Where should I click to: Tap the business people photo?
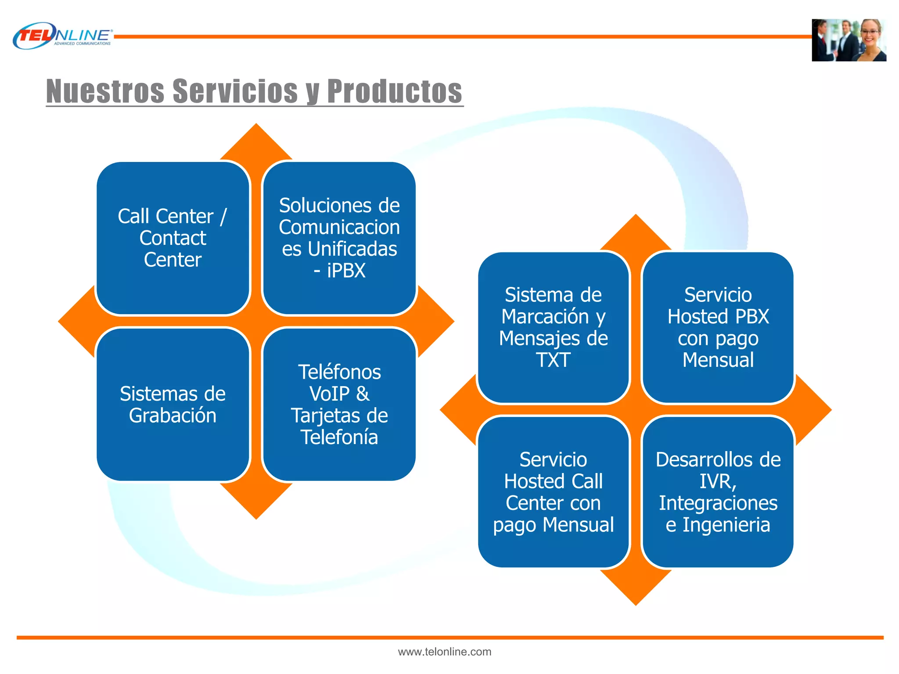[x=849, y=40]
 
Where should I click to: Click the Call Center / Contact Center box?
[x=173, y=238]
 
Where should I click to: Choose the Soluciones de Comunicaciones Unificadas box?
[x=339, y=238]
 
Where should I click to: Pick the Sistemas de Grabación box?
[x=173, y=404]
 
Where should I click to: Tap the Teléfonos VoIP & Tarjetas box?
[x=339, y=404]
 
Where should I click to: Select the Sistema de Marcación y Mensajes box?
[x=553, y=327]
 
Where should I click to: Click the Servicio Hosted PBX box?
[x=718, y=327]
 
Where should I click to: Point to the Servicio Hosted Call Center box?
[x=553, y=492]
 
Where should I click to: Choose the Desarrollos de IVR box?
[x=718, y=492]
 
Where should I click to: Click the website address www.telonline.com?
[x=444, y=652]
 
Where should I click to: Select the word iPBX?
[x=346, y=271]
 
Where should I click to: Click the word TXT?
[x=553, y=360]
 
